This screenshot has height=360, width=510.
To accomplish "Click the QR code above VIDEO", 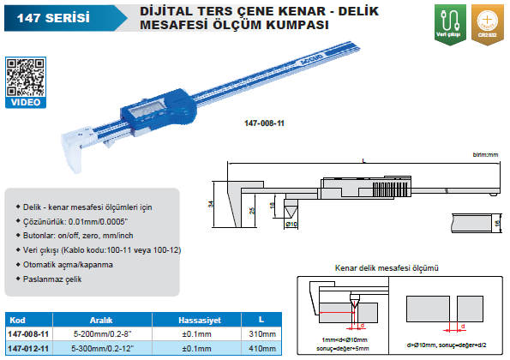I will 22,75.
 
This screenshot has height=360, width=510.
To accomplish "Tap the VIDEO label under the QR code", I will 22,102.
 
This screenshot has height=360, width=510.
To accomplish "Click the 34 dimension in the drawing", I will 211,204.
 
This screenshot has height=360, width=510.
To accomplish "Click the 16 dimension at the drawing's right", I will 498,224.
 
